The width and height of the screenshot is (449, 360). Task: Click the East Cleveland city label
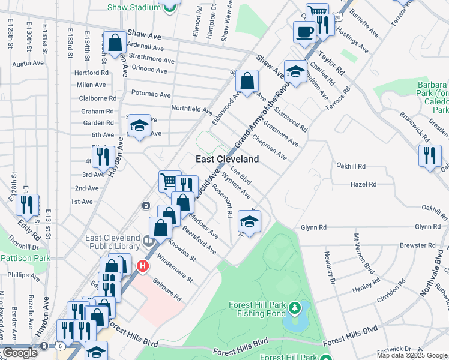[228, 159]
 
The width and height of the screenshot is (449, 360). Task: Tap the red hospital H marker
[143, 265]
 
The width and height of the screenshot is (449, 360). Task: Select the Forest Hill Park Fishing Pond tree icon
[294, 308]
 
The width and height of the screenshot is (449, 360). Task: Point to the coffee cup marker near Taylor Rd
[304, 32]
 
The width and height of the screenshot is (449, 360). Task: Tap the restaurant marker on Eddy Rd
[27, 205]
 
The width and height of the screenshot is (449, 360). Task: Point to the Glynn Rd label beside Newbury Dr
[313, 227]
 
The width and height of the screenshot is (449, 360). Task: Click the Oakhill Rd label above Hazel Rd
[351, 166]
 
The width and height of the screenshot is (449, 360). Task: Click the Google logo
[20, 353]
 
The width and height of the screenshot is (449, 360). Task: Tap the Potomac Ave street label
[151, 94]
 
